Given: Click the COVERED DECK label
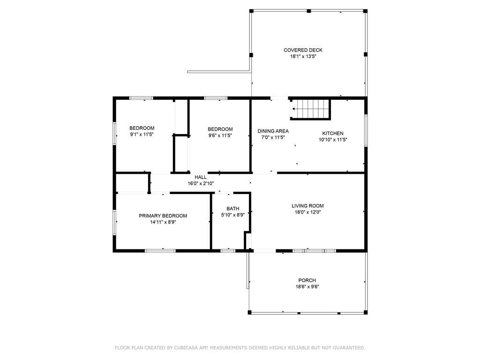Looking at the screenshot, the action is click(x=303, y=50).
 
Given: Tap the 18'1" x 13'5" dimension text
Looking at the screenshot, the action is click(x=303, y=57).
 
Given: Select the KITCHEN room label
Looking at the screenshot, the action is click(x=333, y=134).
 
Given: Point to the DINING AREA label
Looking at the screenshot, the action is click(x=273, y=131).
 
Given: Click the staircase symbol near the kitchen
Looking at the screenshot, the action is click(x=310, y=109).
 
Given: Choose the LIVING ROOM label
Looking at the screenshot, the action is click(x=307, y=206).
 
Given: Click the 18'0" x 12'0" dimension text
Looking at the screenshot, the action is click(x=307, y=212).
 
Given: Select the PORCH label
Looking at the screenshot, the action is click(x=307, y=280).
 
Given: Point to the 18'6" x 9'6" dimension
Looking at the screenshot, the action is click(x=307, y=287).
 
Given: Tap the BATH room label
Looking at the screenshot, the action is click(x=233, y=209).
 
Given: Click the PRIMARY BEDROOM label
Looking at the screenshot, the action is click(x=163, y=216).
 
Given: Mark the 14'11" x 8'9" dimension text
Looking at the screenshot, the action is click(x=163, y=222).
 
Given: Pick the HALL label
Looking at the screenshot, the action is click(x=201, y=177).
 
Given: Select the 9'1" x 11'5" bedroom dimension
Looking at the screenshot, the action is click(x=142, y=135).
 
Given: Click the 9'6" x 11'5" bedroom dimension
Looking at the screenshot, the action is click(x=220, y=135).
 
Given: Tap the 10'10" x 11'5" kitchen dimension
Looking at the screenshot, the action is click(x=333, y=140).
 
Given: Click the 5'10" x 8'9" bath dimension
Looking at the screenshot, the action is click(x=233, y=215).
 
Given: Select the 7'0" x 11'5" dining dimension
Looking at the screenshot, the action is click(x=273, y=137).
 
